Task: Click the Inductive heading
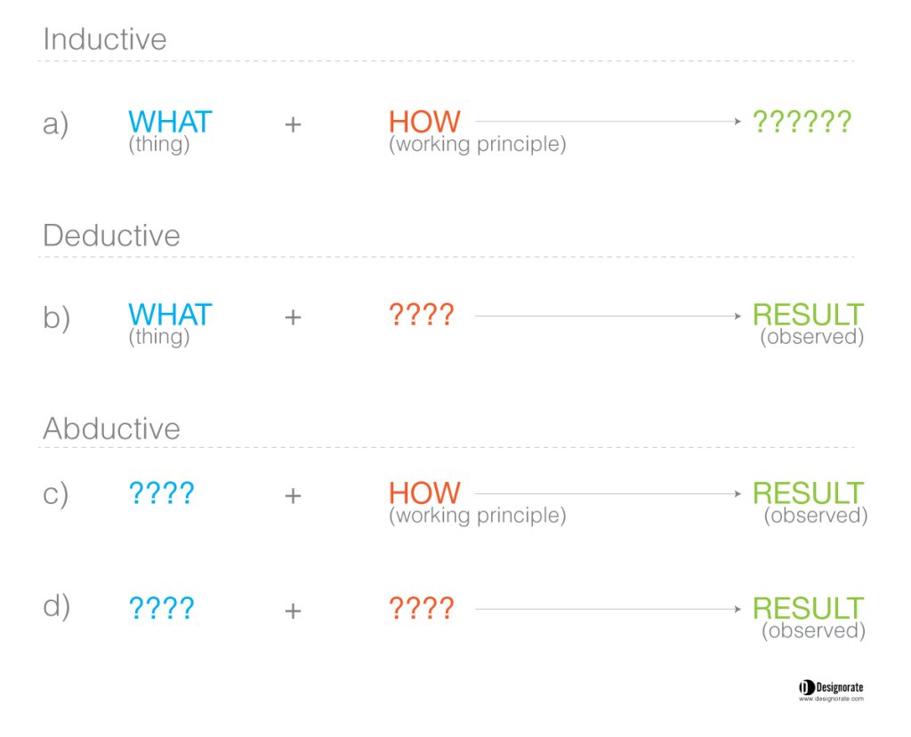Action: (x=105, y=40)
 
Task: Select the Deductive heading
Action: (x=111, y=236)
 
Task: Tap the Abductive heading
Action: (x=111, y=429)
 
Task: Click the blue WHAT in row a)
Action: (x=170, y=122)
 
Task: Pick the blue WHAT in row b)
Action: (x=170, y=315)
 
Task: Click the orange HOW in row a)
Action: (x=424, y=122)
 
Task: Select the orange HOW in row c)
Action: (x=424, y=493)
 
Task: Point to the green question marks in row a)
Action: (x=802, y=122)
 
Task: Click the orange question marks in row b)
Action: (x=421, y=315)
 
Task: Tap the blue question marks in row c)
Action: (x=161, y=493)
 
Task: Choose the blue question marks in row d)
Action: (x=161, y=609)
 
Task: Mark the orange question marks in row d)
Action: (x=421, y=609)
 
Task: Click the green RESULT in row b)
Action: (x=808, y=315)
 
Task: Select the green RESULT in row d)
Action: (x=808, y=609)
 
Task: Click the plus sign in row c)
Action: (x=293, y=495)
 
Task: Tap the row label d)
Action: (x=56, y=606)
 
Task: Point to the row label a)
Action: (x=56, y=124)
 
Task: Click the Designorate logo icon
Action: (x=806, y=687)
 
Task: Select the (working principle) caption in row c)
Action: (x=477, y=516)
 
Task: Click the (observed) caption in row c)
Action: (x=815, y=516)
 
